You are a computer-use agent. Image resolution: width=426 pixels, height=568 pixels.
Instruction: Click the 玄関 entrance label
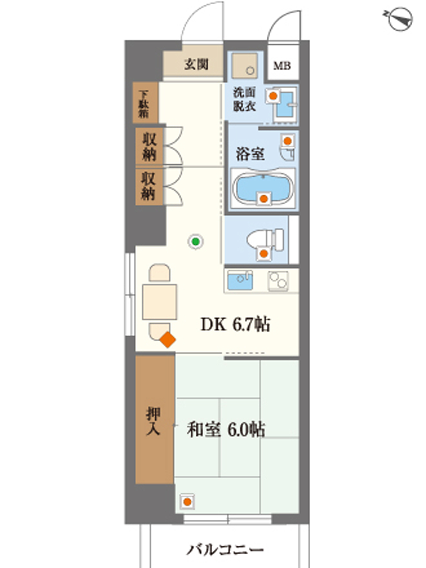pyautogui.click(x=196, y=64)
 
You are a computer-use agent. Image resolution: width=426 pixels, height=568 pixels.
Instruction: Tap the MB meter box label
pyautogui.click(x=282, y=66)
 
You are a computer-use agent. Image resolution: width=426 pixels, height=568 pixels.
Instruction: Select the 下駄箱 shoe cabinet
pyautogui.click(x=145, y=103)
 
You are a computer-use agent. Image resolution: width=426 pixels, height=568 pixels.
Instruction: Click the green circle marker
pyautogui.click(x=196, y=241)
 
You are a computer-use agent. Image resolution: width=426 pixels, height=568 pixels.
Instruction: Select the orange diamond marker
pyautogui.click(x=168, y=340)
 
